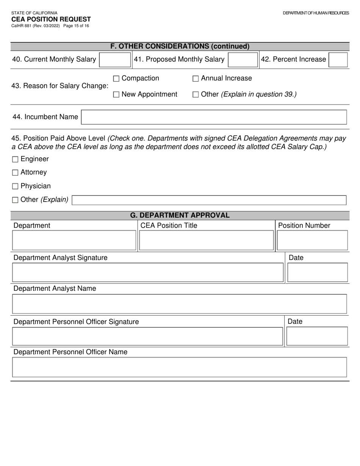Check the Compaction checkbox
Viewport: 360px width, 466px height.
click(x=116, y=79)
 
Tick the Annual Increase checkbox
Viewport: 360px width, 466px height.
click(x=196, y=79)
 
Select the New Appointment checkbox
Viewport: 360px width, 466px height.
click(x=116, y=95)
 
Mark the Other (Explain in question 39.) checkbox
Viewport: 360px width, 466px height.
click(x=196, y=95)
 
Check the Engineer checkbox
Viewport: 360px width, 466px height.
click(x=15, y=160)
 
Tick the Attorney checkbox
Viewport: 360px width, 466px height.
click(x=15, y=173)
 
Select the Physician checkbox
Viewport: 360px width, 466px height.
click(x=15, y=186)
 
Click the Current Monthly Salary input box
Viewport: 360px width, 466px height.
click(x=115, y=60)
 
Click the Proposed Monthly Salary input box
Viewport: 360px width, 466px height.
click(x=243, y=60)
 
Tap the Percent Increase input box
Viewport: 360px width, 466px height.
click(x=338, y=60)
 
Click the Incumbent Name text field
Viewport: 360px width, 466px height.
click(x=214, y=117)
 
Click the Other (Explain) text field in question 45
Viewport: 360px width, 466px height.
click(x=209, y=200)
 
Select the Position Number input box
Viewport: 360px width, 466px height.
click(x=312, y=240)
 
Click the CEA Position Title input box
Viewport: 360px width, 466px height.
click(x=206, y=240)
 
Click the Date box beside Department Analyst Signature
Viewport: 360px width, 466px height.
click(x=317, y=272)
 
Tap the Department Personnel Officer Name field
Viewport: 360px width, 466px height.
click(x=180, y=367)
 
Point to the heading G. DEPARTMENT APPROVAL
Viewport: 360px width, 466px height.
click(x=180, y=215)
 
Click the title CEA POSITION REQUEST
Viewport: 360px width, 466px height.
click(x=51, y=19)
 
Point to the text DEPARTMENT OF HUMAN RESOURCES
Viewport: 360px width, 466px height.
click(x=316, y=13)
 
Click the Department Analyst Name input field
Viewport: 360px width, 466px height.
click(x=180, y=304)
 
